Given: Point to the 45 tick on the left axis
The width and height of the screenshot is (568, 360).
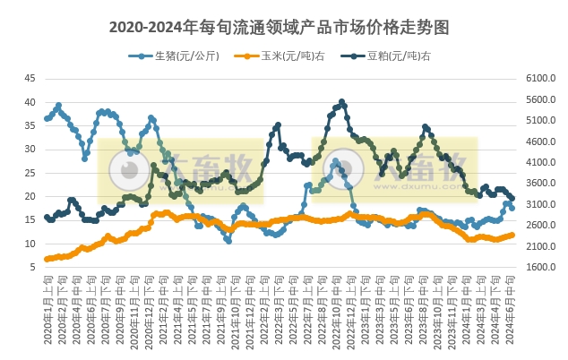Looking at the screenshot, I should [x=30, y=79].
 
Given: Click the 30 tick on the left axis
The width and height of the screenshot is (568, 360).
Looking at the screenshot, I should [x=30, y=150].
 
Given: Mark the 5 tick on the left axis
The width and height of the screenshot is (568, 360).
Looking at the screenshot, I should [x=33, y=267].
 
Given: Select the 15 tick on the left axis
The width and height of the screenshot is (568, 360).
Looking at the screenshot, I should [x=30, y=220].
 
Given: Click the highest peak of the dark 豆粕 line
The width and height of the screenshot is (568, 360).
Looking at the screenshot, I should [x=342, y=102].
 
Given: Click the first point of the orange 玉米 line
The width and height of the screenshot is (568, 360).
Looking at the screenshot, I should [x=47, y=259].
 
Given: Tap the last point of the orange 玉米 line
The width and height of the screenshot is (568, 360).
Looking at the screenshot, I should [x=512, y=235].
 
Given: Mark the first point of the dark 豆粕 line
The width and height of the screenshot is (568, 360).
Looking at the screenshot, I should [x=47, y=217].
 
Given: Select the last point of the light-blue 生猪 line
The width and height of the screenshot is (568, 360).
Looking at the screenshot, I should [x=512, y=207].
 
